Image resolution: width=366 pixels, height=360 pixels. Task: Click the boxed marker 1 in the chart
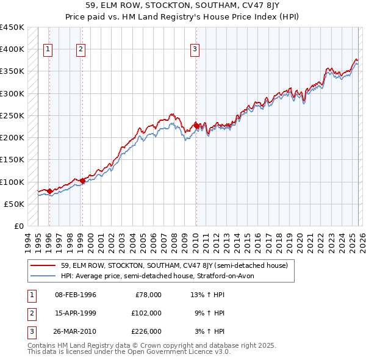48,50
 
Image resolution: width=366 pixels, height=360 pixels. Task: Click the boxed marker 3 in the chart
195,50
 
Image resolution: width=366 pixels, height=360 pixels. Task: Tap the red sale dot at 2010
196,126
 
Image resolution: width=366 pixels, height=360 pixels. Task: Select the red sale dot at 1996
49,192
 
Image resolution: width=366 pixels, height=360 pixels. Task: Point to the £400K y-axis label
12,49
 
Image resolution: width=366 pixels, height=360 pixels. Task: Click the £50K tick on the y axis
15,204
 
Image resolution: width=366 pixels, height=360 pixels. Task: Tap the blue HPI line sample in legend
43,276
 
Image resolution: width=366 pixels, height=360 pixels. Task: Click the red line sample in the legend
43,265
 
